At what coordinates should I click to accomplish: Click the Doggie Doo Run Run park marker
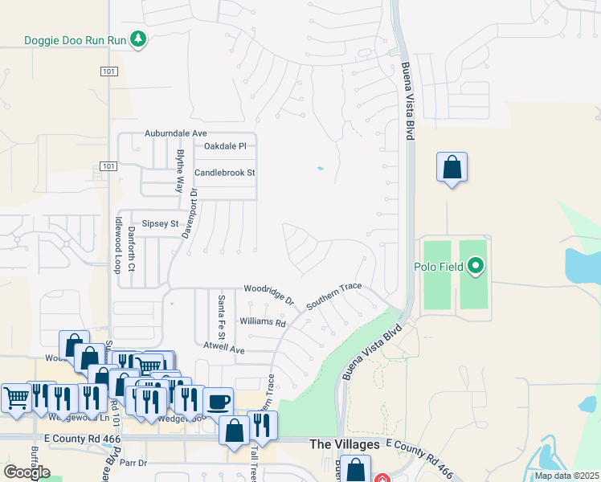click(x=139, y=39)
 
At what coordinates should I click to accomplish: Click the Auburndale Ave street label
click(x=176, y=133)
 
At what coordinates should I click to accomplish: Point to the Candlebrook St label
click(x=224, y=173)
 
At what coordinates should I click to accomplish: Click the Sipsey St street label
click(x=159, y=224)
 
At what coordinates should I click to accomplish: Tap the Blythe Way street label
click(x=180, y=170)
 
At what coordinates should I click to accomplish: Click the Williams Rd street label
click(x=263, y=323)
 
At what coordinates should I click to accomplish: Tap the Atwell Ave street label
click(x=223, y=349)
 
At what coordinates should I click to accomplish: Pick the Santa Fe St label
click(x=220, y=315)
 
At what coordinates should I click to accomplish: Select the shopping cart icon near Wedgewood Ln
click(x=16, y=397)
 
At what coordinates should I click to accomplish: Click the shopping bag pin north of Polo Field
click(x=452, y=167)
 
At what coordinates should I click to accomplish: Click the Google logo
click(x=27, y=472)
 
